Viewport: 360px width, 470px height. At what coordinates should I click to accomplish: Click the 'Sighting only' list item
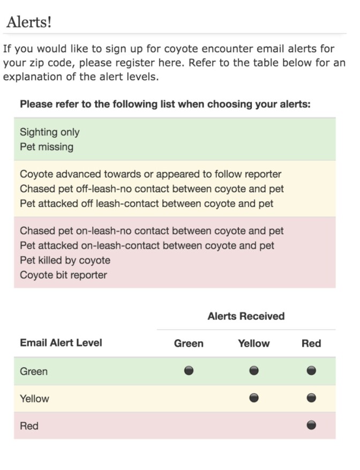49,132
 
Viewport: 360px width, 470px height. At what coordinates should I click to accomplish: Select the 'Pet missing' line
46,146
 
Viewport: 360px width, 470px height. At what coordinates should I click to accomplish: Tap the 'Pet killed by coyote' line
65,260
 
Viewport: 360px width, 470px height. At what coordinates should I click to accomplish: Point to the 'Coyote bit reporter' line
63,275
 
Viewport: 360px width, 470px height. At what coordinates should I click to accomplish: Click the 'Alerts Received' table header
246,316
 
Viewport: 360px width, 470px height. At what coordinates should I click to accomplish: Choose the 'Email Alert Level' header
61,343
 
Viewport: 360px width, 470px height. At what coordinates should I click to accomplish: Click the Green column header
189,344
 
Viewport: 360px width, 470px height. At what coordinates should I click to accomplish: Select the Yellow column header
253,344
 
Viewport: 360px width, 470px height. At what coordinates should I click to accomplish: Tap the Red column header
311,344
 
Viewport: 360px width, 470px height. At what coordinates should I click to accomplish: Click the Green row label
34,371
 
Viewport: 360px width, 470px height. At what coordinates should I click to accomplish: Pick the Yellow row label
34,399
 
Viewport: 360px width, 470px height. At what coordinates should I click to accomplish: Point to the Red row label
29,426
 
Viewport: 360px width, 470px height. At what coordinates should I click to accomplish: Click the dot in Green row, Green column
189,370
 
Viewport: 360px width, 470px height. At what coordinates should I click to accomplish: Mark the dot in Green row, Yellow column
254,370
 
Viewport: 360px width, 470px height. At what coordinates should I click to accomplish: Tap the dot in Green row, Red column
311,370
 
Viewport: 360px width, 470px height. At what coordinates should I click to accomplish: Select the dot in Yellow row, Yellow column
254,398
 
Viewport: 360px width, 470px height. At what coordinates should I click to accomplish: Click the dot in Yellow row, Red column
311,398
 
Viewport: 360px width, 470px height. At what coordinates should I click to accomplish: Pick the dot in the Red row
311,425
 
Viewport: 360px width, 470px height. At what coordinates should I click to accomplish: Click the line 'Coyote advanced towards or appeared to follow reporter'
151,174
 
